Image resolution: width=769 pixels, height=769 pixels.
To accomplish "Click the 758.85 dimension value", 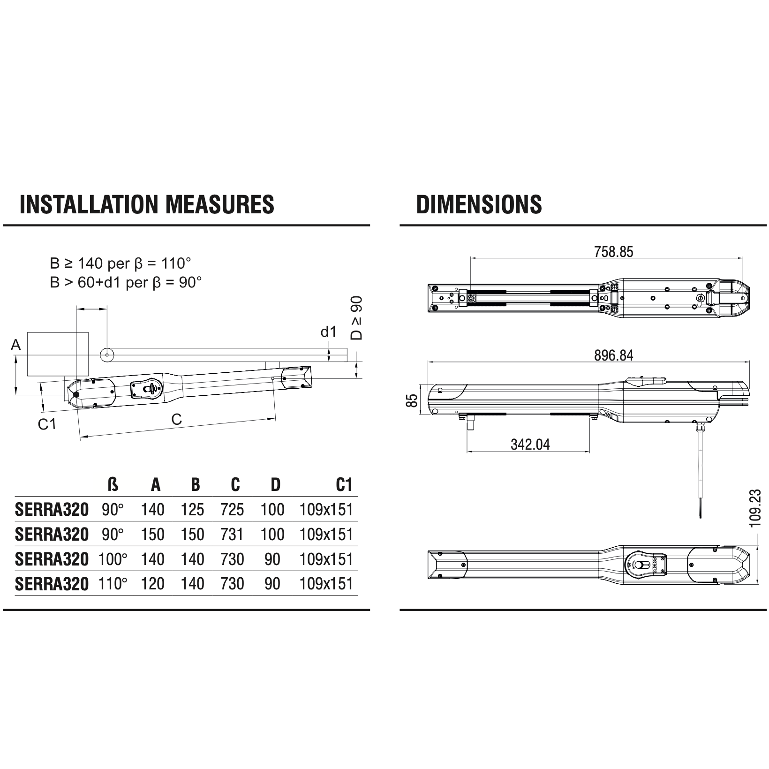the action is [613, 252].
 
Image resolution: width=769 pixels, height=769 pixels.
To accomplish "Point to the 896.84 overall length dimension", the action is [613, 355].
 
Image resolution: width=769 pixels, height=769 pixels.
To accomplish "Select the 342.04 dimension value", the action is [530, 444].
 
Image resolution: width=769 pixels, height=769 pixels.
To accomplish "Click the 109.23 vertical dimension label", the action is [755, 508].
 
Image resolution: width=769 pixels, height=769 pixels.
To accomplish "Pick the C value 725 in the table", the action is [232, 510].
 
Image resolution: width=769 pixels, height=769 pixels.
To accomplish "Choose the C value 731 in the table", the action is [232, 535].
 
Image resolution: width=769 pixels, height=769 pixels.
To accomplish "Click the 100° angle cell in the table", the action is [113, 559].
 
